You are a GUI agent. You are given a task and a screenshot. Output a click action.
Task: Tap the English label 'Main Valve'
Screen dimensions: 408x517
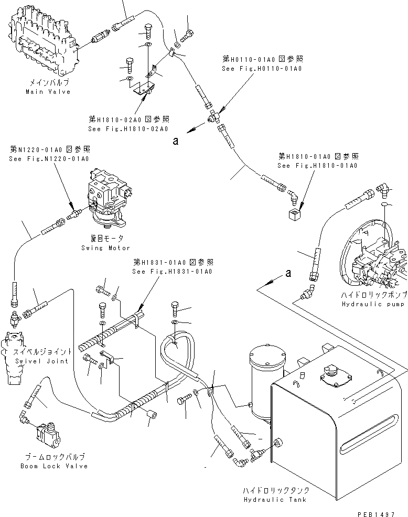click(48, 92)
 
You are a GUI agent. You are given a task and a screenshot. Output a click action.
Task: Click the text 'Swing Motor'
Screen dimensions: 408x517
click(105, 248)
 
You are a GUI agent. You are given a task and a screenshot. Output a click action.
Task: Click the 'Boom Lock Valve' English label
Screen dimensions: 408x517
click(54, 466)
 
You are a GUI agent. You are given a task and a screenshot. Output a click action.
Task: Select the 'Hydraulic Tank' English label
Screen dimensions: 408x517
click(275, 500)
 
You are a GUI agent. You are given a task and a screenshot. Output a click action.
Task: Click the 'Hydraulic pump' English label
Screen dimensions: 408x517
click(373, 304)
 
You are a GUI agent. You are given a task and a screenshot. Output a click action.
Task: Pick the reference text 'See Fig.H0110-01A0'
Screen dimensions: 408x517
click(262, 69)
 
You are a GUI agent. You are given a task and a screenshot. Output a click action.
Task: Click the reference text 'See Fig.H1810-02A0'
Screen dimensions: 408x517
click(128, 128)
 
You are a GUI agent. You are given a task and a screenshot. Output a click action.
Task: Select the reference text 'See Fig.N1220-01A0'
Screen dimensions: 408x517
click(49, 158)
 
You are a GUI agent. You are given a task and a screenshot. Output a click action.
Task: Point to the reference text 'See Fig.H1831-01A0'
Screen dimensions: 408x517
click(172, 272)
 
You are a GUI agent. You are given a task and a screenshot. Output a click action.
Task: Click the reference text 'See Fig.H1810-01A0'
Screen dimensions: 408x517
click(317, 166)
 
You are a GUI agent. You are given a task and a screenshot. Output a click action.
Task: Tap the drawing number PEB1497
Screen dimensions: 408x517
click(376, 514)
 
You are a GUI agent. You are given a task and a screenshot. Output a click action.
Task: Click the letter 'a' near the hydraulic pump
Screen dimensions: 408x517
click(288, 273)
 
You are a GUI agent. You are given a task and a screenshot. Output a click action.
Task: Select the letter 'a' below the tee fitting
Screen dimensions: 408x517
click(176, 141)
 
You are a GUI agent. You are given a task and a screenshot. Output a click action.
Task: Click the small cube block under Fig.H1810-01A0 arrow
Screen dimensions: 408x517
click(294, 214)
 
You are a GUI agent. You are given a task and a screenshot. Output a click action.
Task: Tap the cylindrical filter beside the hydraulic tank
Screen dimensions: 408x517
click(267, 382)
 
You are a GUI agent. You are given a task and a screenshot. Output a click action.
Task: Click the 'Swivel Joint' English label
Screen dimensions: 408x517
click(41, 361)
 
